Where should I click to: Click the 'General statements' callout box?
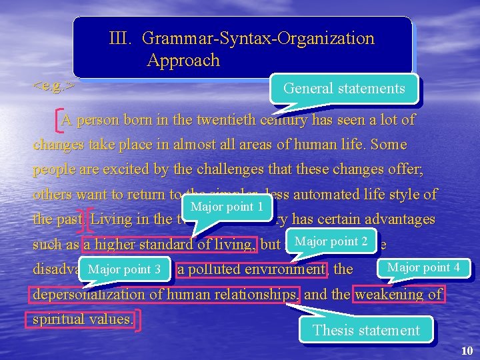point(344,89)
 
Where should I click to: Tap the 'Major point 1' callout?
point(227,207)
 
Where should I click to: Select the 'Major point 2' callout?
point(331,241)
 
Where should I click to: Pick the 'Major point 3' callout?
point(124,269)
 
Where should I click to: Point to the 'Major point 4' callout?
point(423,268)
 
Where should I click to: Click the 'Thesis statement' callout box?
point(366,330)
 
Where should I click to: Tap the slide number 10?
point(466,351)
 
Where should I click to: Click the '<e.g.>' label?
point(53,86)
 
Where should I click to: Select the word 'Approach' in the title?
point(183,61)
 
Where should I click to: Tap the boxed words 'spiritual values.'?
point(83,319)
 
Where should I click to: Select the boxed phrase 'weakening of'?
point(399,295)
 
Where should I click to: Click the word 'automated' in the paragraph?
point(345,195)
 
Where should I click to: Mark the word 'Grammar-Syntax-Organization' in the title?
point(259,39)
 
